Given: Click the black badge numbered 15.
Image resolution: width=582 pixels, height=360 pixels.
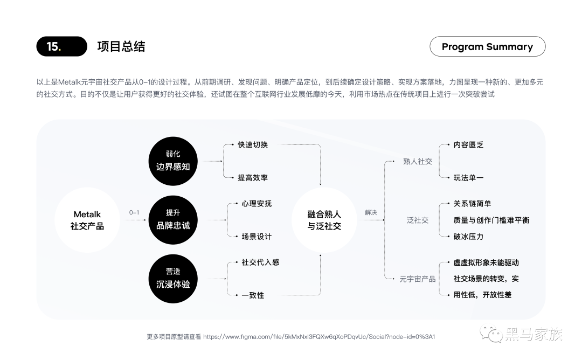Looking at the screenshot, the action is click(x=61, y=46).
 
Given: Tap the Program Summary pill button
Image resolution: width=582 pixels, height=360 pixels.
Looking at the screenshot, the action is click(x=487, y=47).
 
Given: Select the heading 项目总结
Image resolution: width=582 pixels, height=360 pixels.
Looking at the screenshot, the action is click(x=121, y=46).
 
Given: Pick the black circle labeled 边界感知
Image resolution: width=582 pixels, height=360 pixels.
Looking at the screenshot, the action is click(x=173, y=161).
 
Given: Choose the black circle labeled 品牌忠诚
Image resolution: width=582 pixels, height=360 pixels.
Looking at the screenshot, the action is click(x=173, y=220).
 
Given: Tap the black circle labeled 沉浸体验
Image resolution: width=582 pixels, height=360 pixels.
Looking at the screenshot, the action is click(x=173, y=278).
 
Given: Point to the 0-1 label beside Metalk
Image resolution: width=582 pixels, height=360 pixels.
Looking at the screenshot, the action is click(x=134, y=213).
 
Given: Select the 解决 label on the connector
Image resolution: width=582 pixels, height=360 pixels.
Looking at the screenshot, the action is click(x=371, y=213).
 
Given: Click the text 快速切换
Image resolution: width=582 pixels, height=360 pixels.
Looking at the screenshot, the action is click(x=253, y=145).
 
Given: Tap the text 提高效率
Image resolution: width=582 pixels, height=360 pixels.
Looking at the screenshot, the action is click(x=253, y=178).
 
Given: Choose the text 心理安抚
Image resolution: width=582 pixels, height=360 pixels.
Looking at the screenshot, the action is click(x=257, y=204).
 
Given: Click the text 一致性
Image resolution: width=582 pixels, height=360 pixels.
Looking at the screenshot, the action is click(x=253, y=295).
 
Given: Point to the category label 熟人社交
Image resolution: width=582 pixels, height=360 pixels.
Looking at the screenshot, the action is click(x=418, y=162).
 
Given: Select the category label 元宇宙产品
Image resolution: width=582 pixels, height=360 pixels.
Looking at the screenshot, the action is click(x=418, y=279).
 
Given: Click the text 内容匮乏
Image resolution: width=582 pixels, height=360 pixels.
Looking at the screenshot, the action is click(x=468, y=145).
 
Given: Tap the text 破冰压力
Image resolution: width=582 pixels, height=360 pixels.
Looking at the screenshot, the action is click(x=468, y=237).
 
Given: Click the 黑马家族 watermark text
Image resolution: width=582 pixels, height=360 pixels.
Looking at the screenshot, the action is click(x=533, y=334).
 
